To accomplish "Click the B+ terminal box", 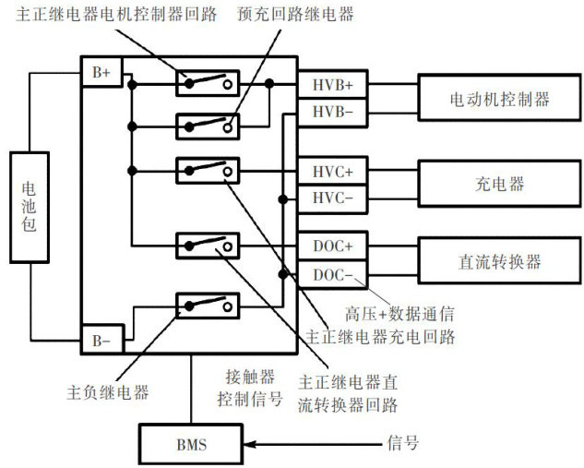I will coord(100,71).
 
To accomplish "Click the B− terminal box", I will coord(100,341).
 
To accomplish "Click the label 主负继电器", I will coord(109,392).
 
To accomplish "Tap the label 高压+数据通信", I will coord(398,313).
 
